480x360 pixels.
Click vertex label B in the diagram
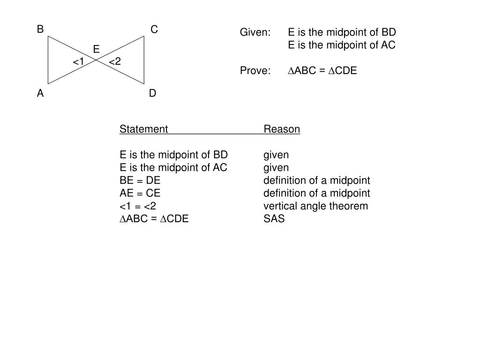coord(41,30)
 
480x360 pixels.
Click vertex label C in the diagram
coord(154,30)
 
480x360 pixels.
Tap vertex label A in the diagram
coord(41,93)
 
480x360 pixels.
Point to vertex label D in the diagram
coord(153,93)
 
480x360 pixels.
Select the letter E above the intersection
coord(96,49)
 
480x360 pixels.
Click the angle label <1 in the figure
coord(78,62)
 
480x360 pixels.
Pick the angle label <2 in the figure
coord(115,61)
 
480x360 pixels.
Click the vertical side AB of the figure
coord(48,60)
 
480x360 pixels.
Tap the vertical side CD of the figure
coord(144,60)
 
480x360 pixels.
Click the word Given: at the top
coord(255,32)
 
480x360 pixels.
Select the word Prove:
coord(255,71)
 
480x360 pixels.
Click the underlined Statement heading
coord(143,129)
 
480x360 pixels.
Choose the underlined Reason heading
coord(282,129)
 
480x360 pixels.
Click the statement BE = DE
coord(140,180)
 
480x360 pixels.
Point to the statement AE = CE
coord(140,193)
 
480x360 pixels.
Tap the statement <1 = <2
coord(138,206)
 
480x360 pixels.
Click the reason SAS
coord(274,219)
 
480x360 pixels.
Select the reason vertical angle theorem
coord(315,206)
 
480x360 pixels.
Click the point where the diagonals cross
coord(96,60)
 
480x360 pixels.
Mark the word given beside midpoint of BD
coord(276,155)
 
